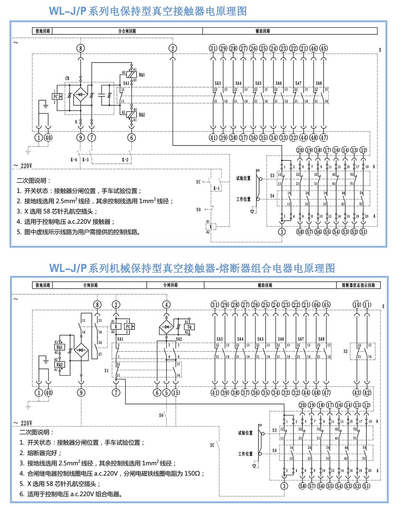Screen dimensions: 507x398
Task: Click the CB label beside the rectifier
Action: (x=67, y=78)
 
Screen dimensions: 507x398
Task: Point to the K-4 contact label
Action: (x=74, y=159)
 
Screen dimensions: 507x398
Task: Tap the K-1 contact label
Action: (x=216, y=188)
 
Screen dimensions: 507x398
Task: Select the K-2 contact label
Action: (x=125, y=159)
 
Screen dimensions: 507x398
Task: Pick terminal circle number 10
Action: (x=357, y=305)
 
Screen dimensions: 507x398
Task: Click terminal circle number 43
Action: (x=357, y=393)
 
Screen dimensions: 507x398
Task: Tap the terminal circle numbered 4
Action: (x=166, y=305)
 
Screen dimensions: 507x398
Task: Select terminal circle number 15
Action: (x=176, y=393)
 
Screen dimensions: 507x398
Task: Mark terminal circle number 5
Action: (x=166, y=393)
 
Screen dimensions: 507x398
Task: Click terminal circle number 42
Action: (x=367, y=393)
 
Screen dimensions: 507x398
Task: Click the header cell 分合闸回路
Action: (x=127, y=31)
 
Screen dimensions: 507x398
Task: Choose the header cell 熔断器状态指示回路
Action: (x=358, y=285)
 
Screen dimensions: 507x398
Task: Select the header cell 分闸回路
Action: (x=170, y=285)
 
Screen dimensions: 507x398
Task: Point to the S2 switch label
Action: (x=346, y=351)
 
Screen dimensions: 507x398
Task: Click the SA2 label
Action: (x=179, y=339)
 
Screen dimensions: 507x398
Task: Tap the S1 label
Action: (x=106, y=370)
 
